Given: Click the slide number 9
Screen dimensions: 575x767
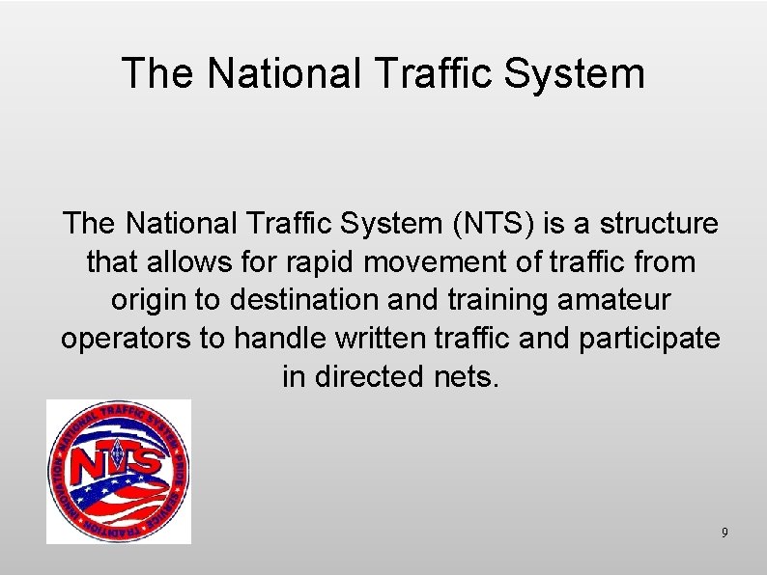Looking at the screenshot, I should tap(724, 534).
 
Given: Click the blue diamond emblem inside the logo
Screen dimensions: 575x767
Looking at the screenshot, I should tap(119, 451).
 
